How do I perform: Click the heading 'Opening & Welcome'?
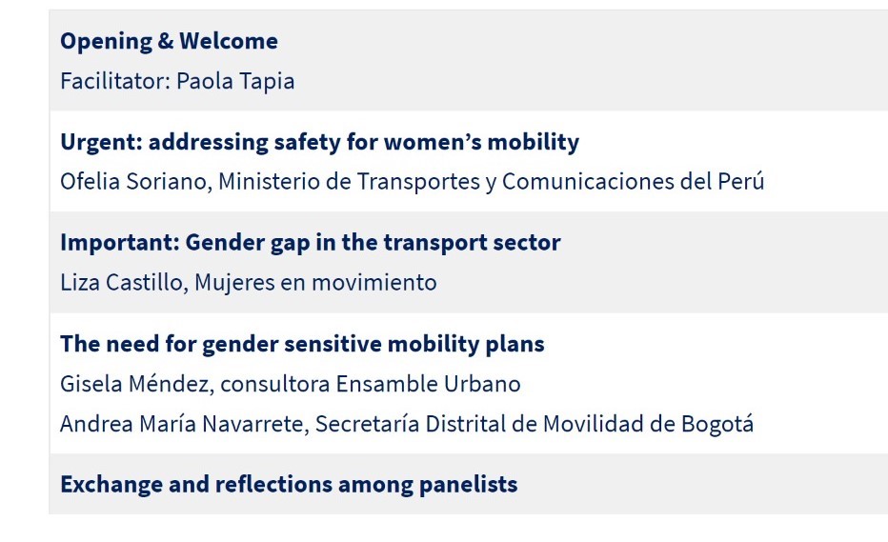pos(169,42)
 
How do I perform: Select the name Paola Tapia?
pos(235,82)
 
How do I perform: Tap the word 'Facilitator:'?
pos(115,81)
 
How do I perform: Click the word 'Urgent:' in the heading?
pos(101,143)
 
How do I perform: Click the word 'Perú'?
pos(740,181)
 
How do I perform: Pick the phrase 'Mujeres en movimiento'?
pos(315,283)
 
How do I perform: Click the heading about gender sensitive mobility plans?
pos(302,344)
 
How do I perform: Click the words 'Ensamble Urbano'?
pos(428,384)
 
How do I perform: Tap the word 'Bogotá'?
pos(716,424)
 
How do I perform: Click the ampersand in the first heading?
pos(166,41)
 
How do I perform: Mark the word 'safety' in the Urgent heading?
pos(307,143)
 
